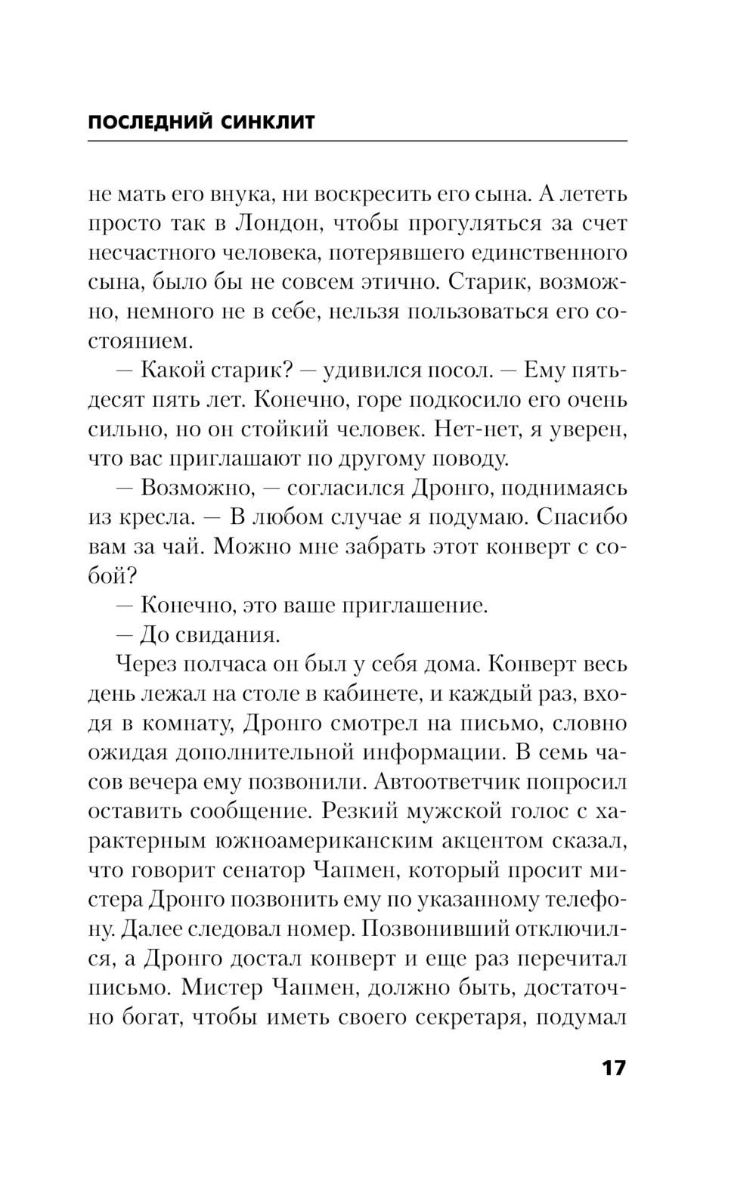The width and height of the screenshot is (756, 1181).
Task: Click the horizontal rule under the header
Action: pyautogui.click(x=358, y=141)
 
